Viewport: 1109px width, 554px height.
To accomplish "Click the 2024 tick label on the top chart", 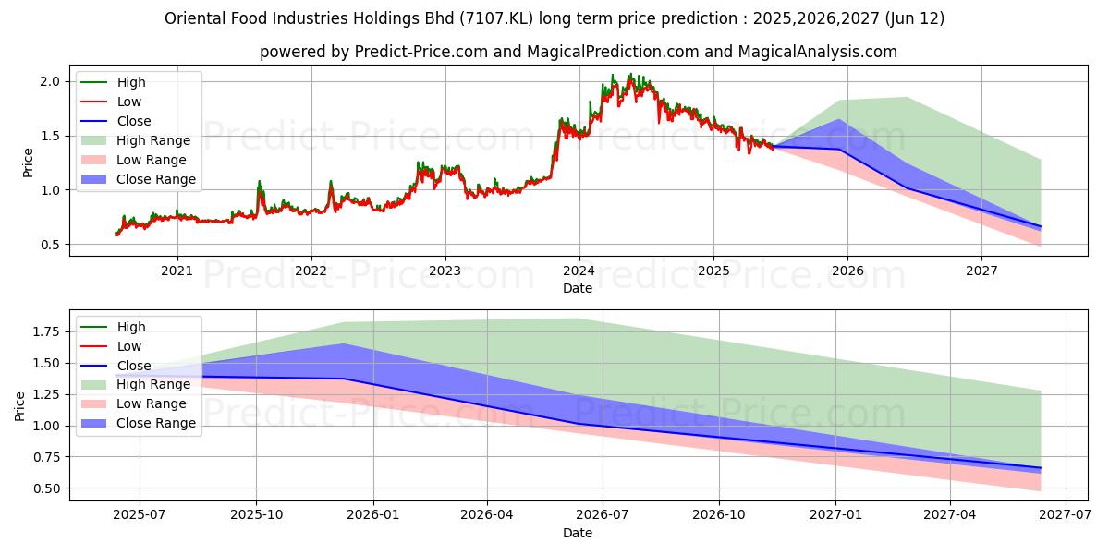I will click(579, 271).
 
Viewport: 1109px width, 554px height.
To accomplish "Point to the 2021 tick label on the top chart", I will click(177, 271).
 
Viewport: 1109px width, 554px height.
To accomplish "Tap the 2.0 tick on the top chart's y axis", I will click(49, 81).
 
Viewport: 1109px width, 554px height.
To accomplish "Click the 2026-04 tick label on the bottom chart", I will click(487, 515).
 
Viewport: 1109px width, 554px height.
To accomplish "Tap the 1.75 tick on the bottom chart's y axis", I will click(43, 331).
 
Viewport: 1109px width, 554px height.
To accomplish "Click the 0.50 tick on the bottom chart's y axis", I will click(43, 488).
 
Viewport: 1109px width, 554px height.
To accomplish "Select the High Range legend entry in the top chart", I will click(153, 140).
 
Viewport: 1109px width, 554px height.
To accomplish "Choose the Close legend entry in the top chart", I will click(134, 121).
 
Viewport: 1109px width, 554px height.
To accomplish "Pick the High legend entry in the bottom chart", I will click(130, 327).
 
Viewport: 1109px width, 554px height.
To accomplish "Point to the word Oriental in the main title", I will click(192, 18).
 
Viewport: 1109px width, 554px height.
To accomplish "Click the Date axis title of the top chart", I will click(579, 288).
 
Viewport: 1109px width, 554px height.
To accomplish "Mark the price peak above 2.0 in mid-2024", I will click(629, 75).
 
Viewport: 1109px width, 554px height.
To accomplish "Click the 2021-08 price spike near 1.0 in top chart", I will click(260, 182).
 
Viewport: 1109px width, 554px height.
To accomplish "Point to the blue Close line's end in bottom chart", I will click(1041, 468).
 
